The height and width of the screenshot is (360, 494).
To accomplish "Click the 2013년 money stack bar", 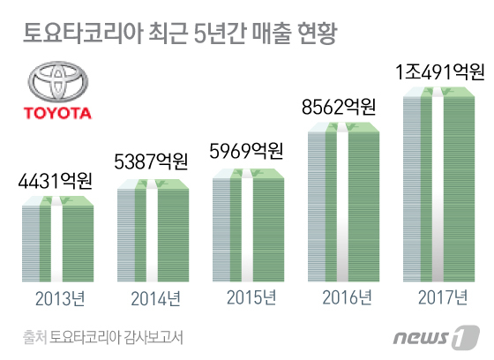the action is [x=57, y=239].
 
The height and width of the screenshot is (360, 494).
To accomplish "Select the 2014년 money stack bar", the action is [x=153, y=230].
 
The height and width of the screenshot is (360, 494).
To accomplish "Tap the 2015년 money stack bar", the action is [x=248, y=225].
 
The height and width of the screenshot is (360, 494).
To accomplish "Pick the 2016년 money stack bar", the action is [x=344, y=202].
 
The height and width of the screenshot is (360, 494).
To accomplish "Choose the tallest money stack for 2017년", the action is [x=439, y=184].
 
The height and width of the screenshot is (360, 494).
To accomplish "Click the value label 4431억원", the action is [x=55, y=181].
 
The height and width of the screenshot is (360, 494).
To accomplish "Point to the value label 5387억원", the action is [x=151, y=161].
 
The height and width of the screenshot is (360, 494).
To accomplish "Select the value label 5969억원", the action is [x=246, y=151].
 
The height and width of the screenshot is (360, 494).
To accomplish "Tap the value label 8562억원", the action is [x=339, y=107].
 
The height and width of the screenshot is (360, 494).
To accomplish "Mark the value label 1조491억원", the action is [x=440, y=71].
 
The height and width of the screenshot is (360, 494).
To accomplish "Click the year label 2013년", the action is [x=60, y=298].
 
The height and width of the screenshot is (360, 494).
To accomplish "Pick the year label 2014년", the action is [x=155, y=298].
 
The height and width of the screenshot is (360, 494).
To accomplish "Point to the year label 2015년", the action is [x=251, y=297].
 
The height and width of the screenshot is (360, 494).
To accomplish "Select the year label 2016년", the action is [x=347, y=297].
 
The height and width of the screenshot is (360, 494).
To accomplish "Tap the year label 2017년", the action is [x=443, y=297].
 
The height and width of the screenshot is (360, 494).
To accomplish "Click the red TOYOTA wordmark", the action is [x=57, y=113].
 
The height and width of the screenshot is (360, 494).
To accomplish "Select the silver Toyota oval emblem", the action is [x=58, y=81].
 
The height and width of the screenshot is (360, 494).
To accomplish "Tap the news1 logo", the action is [x=437, y=338].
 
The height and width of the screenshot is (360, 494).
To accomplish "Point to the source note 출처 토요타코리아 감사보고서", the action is [x=102, y=338].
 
